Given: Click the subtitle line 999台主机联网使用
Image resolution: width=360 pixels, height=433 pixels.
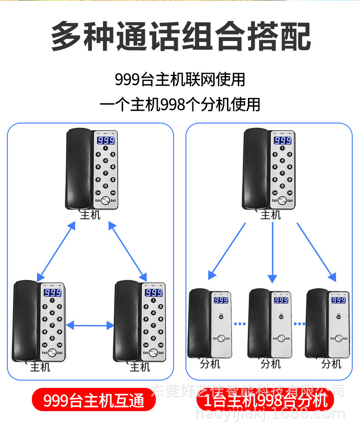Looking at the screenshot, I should click(x=180, y=79).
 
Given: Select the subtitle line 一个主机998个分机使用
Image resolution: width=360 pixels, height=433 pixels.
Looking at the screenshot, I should click(x=180, y=104).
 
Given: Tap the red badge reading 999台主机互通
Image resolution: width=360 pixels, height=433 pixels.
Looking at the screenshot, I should click(x=94, y=400).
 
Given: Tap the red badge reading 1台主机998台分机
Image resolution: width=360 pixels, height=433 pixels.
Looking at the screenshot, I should click(x=266, y=400).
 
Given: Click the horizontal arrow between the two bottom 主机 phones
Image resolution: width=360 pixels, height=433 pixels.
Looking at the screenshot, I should click(x=90, y=325).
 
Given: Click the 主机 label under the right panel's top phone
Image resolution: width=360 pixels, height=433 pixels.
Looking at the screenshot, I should click(x=270, y=215).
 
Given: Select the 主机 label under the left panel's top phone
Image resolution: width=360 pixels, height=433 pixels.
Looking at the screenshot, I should click(x=90, y=215).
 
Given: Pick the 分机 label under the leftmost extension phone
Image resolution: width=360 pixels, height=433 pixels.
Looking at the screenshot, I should click(x=210, y=364).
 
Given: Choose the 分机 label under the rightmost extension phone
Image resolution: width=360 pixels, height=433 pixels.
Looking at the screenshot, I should click(x=331, y=364).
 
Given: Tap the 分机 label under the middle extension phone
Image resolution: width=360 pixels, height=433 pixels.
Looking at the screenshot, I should click(x=271, y=364).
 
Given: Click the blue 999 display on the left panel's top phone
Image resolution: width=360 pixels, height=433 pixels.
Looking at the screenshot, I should click(x=106, y=141).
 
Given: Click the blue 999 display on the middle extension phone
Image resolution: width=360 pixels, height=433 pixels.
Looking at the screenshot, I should click(x=281, y=300).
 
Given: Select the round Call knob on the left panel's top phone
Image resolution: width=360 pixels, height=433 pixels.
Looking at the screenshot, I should click(x=106, y=201).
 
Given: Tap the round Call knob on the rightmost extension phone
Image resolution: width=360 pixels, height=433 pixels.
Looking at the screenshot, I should click(x=339, y=338).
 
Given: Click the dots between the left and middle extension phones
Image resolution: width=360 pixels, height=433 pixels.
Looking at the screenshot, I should click(x=240, y=324).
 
